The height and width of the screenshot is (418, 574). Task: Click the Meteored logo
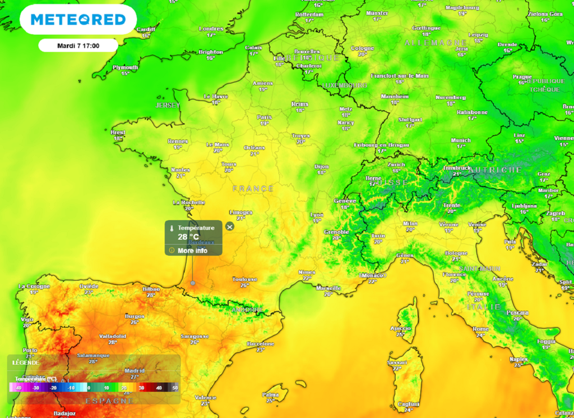click(x=78, y=20)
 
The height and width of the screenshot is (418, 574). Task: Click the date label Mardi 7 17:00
click(x=78, y=45)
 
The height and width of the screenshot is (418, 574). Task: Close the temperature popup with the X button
click(x=229, y=226)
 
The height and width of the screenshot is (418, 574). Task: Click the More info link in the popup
click(x=192, y=250)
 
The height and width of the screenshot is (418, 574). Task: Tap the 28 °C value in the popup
click(x=188, y=237)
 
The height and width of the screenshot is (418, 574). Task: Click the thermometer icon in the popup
click(x=172, y=228)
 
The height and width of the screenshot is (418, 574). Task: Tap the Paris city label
click(x=264, y=117)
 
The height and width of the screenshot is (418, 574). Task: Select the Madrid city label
click(x=135, y=370)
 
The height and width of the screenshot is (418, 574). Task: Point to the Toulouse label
click(x=245, y=279)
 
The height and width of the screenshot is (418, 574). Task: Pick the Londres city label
click(x=211, y=29)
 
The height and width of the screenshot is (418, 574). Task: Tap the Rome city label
click(x=480, y=329)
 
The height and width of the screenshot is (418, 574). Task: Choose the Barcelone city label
click(x=261, y=343)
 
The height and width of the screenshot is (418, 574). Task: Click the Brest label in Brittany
click(x=118, y=132)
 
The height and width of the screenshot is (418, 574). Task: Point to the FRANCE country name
click(x=253, y=189)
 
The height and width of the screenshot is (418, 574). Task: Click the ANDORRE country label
click(x=247, y=309)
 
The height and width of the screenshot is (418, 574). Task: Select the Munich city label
click(x=461, y=140)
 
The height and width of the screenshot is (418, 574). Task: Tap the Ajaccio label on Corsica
click(x=400, y=328)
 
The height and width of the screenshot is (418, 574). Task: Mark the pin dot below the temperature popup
click(x=193, y=283)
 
